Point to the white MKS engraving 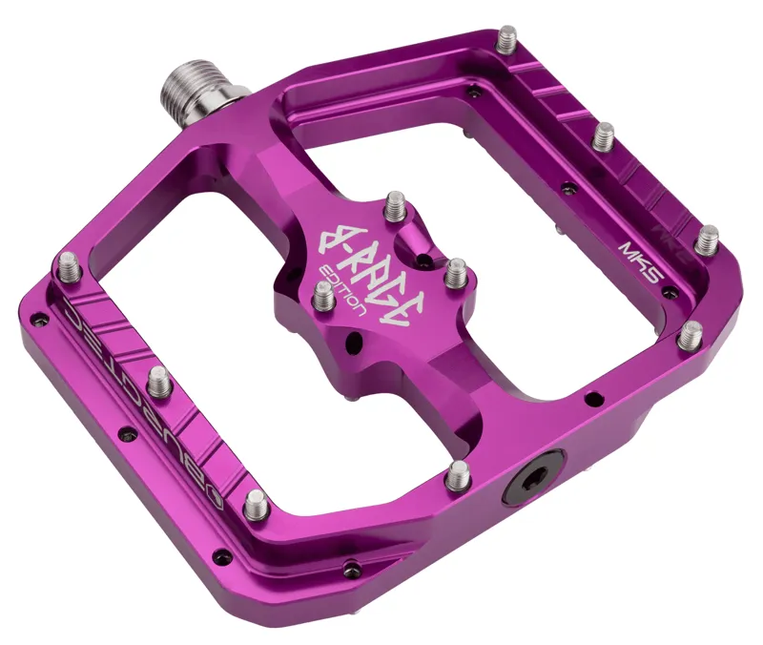tap(635, 258)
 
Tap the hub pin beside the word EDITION tap(323, 295)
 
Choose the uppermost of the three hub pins tap(397, 206)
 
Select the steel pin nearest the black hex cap tap(459, 472)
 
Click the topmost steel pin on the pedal tap(508, 37)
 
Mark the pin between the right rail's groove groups tap(603, 136)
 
